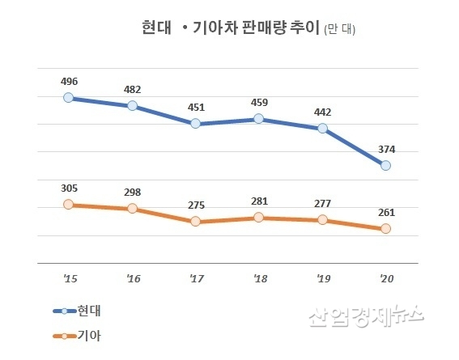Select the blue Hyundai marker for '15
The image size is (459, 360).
pos(68,97)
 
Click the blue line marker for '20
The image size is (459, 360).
pos(385,165)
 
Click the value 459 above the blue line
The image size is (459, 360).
pos(259,102)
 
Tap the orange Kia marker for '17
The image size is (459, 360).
pos(195,222)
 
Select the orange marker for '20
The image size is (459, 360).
pos(385,229)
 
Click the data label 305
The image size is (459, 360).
pos(70,188)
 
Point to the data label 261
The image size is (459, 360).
pos(386,212)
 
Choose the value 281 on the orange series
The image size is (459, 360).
pos(259,201)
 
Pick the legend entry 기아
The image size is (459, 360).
pos(89,335)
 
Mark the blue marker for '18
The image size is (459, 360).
pos(258,119)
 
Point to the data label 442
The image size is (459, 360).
pos(322,112)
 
